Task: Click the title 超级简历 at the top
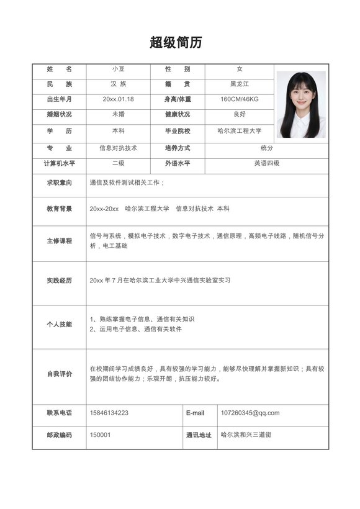pos(176,43)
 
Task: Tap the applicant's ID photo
pos(301,104)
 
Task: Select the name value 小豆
pos(118,68)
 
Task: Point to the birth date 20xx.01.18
pos(118,99)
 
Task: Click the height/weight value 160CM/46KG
pos(239,99)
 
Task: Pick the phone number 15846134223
pos(109,413)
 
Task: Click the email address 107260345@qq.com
pos(250,413)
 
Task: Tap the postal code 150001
pos(101,435)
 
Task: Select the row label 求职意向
pos(59,182)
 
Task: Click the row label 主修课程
pos(59,241)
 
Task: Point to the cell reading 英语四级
pos(266,163)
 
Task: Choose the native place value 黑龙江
pos(239,84)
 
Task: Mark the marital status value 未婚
pos(118,115)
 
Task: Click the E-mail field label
pos(195,413)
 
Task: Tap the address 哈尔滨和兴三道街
pos(246,435)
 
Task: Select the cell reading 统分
pos(266,148)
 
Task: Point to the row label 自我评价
pos(59,374)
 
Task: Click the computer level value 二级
pos(118,163)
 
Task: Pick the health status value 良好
pos(239,115)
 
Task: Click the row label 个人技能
pos(59,324)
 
